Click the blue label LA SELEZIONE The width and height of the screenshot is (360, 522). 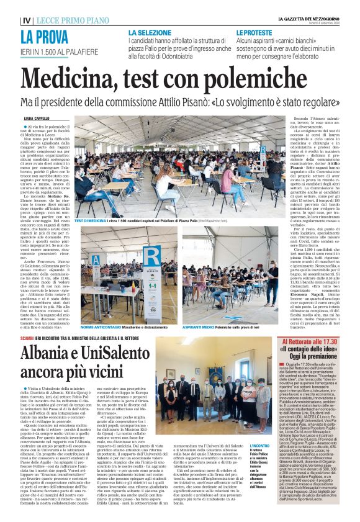coord(151,32)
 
